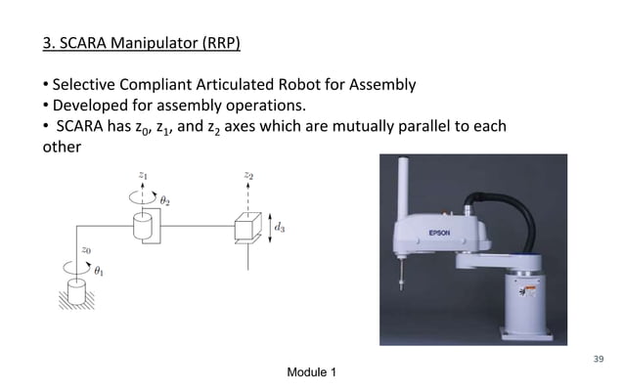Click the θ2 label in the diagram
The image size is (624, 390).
[165, 200]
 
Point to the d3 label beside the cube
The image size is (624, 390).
[280, 227]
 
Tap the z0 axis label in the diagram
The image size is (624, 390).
[86, 249]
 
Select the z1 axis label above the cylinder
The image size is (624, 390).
[143, 176]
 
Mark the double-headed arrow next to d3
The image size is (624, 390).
[266, 228]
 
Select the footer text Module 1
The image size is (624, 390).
[311, 373]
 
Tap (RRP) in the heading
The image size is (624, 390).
[217, 44]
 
